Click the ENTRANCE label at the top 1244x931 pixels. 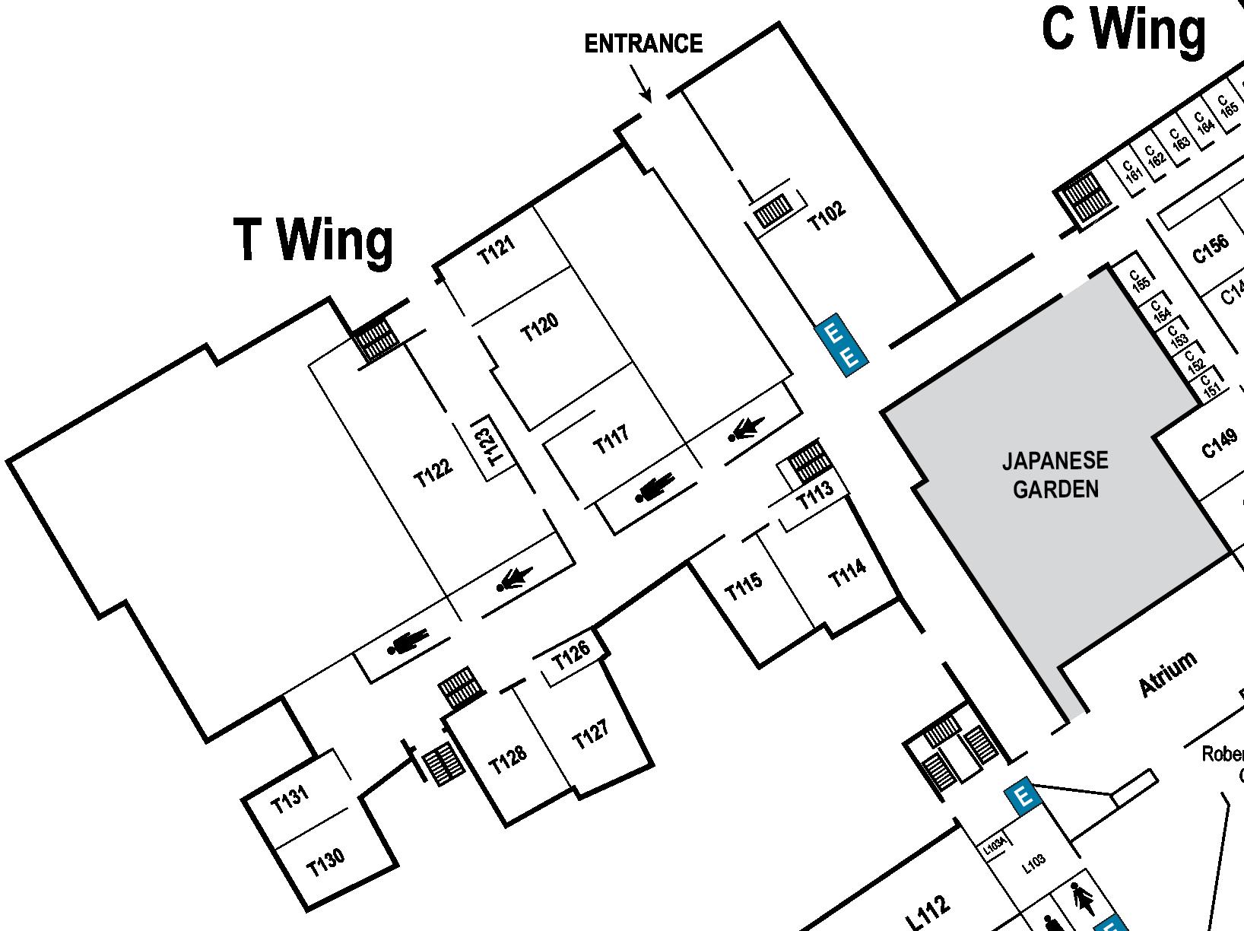(x=643, y=44)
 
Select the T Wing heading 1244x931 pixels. (x=314, y=240)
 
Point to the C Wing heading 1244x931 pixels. (x=1123, y=30)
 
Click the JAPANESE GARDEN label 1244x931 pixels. (x=1055, y=475)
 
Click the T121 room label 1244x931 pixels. (x=497, y=249)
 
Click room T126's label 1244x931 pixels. (x=570, y=655)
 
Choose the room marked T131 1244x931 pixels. (x=290, y=799)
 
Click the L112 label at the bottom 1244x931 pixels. (x=929, y=910)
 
